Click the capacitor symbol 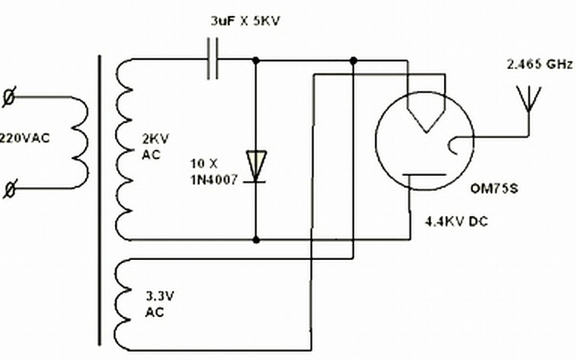(212, 59)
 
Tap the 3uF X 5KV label (246, 21)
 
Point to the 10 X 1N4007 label (214, 171)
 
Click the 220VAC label (24, 139)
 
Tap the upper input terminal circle (9, 97)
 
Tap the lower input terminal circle (10, 189)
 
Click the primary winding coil (80, 143)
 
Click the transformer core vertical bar (99, 200)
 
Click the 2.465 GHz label (540, 64)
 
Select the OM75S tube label (494, 189)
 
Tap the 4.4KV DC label (456, 221)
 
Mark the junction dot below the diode (256, 240)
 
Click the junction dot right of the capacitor (256, 60)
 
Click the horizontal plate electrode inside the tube (424, 175)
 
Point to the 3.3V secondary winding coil (123, 303)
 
